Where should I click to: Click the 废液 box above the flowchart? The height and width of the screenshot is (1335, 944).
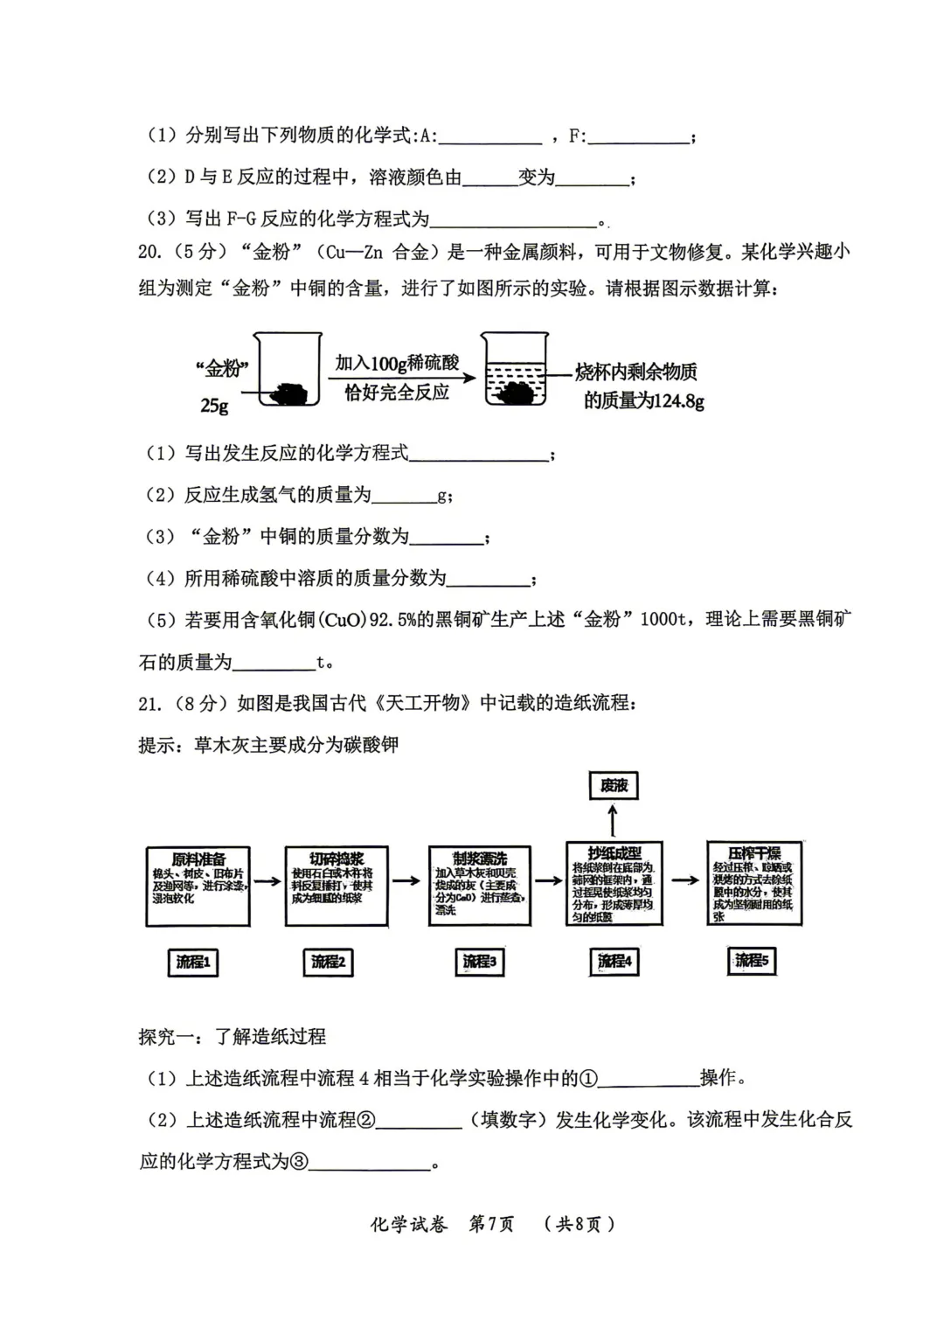[614, 785]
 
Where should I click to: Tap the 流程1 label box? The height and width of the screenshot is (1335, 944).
[193, 962]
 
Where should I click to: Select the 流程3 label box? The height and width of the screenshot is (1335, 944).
[479, 962]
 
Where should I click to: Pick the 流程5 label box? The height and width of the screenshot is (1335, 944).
[751, 961]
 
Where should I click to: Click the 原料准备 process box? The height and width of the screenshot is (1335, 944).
[198, 886]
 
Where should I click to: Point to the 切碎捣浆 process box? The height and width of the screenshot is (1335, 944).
[337, 886]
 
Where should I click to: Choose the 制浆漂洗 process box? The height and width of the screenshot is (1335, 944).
[479, 886]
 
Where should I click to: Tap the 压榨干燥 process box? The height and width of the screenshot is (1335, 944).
[753, 882]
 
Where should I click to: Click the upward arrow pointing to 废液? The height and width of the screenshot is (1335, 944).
[613, 819]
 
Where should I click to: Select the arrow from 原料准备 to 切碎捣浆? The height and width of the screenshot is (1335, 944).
[267, 880]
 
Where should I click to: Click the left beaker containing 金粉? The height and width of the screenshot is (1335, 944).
[287, 371]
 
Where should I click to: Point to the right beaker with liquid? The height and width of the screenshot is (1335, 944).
[516, 371]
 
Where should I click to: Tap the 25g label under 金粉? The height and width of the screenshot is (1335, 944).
[214, 406]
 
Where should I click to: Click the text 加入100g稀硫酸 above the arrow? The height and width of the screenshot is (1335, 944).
[397, 363]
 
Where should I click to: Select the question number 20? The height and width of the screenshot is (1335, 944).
[149, 252]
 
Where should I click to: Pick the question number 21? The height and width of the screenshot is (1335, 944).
[149, 703]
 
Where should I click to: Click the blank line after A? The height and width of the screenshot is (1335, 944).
[489, 138]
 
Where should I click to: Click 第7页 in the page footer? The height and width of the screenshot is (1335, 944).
[491, 1223]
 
